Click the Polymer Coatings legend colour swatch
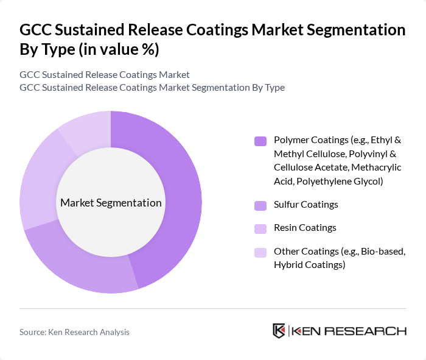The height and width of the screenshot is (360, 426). (x=260, y=141)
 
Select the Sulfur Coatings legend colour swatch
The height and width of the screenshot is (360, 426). (x=260, y=205)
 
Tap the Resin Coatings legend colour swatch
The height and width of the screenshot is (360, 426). (x=260, y=228)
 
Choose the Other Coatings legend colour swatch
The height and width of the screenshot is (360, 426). (x=260, y=252)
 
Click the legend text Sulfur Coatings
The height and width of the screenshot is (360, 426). (x=306, y=205)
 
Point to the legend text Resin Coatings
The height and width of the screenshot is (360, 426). (x=305, y=228)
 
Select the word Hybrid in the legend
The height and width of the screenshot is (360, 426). (x=287, y=265)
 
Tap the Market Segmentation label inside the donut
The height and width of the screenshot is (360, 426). (x=111, y=203)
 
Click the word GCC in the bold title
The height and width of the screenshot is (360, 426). (x=35, y=29)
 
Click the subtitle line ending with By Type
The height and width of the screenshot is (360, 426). (x=152, y=88)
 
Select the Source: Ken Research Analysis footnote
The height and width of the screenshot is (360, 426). (x=74, y=332)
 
